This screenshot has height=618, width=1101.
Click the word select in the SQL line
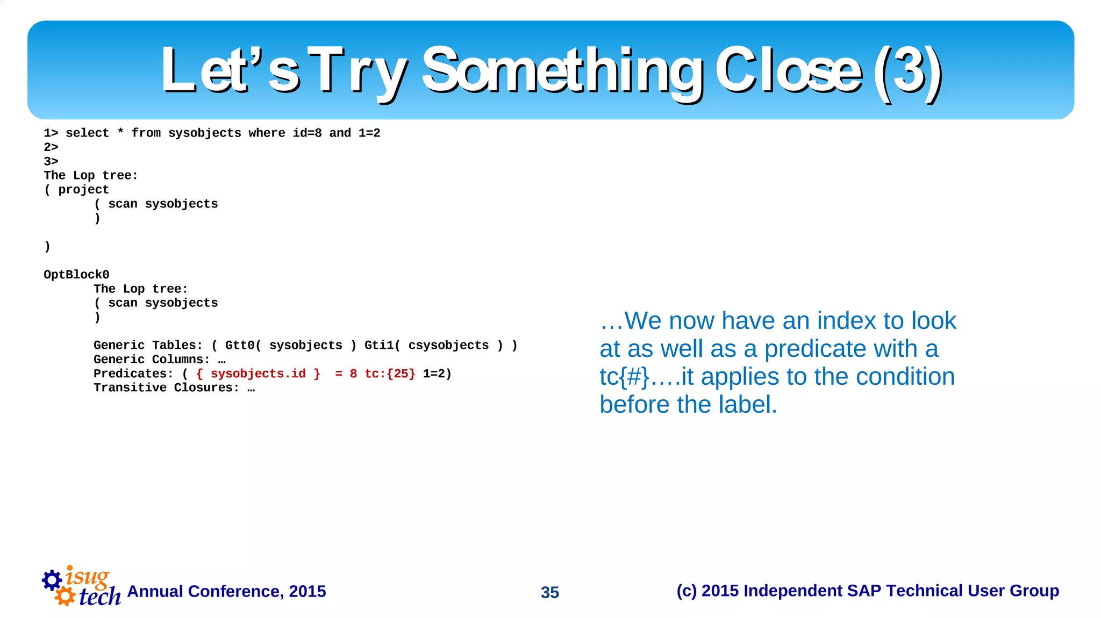click(x=87, y=133)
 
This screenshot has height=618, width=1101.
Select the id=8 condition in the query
click(x=307, y=133)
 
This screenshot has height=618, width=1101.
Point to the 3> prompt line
click(x=51, y=161)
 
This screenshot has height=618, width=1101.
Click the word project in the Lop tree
click(x=83, y=190)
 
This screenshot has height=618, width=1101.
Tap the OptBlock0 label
click(x=76, y=275)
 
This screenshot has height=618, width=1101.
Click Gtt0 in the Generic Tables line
click(x=239, y=345)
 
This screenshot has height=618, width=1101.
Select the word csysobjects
click(x=448, y=345)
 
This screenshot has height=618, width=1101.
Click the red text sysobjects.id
click(x=258, y=373)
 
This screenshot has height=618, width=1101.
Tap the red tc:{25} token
click(x=390, y=373)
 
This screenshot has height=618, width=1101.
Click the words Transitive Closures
click(x=166, y=387)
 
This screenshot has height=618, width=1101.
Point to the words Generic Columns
click(x=152, y=359)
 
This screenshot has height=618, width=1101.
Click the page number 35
click(x=550, y=592)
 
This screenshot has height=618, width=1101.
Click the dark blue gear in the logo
click(x=52, y=580)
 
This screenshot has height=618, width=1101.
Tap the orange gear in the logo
click(x=65, y=596)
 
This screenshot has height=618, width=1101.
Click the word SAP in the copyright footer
click(x=864, y=591)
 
